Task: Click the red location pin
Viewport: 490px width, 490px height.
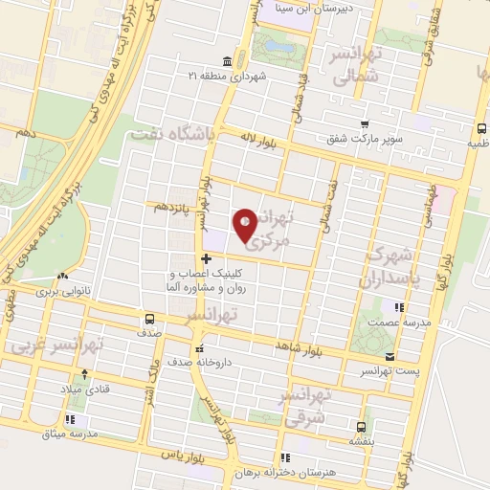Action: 246,225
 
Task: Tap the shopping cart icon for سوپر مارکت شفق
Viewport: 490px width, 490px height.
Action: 365,123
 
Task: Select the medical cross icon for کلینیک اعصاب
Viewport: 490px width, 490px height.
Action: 206,257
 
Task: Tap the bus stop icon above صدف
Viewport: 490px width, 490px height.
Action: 148,319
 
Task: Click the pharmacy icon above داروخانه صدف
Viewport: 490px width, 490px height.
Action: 198,348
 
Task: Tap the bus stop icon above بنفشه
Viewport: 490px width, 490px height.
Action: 360,428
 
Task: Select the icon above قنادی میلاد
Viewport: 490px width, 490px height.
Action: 86,373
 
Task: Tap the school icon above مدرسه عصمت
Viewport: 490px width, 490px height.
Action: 399,307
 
